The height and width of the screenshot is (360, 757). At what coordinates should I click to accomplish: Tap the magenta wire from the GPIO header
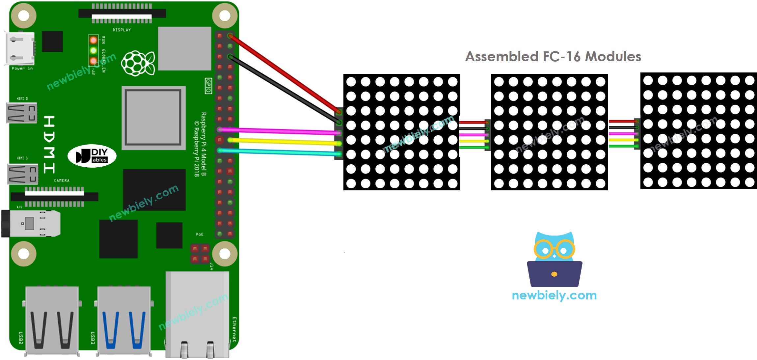pos(280,131)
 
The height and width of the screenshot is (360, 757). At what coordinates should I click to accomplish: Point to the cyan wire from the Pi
pos(280,152)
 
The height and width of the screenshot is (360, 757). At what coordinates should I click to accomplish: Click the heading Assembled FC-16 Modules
pos(553,57)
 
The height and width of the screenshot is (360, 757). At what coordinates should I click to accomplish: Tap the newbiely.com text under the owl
pos(554,295)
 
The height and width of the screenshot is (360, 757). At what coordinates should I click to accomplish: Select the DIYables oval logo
pos(92,156)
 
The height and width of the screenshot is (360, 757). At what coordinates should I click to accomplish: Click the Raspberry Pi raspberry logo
pos(138,63)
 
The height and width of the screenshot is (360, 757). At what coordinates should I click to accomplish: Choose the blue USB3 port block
pos(124,319)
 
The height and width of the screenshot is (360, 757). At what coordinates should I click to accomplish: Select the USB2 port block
pos(52,319)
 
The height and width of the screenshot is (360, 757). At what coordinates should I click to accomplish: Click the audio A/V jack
pos(31,224)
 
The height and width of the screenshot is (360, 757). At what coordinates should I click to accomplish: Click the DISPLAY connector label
pos(122,30)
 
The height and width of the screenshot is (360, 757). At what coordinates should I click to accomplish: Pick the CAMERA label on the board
pos(62,180)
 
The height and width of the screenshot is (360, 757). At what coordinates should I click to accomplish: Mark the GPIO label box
pos(208,86)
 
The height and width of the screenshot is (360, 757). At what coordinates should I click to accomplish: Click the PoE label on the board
pos(199,234)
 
